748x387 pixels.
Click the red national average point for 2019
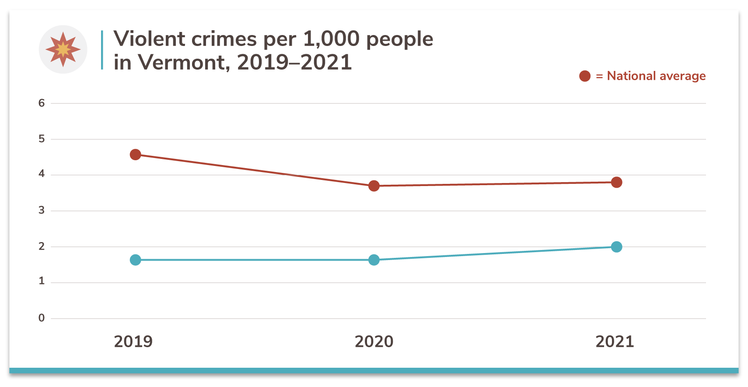(x=136, y=155)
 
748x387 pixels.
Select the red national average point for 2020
(x=374, y=186)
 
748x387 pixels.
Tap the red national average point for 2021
(x=616, y=182)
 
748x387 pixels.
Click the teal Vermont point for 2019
(x=136, y=260)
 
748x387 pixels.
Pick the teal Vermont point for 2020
(x=374, y=260)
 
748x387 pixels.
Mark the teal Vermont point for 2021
(x=616, y=247)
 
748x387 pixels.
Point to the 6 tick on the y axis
(x=42, y=103)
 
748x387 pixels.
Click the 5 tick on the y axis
(x=42, y=139)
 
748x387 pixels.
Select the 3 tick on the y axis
(x=42, y=211)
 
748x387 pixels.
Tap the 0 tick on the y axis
(x=42, y=318)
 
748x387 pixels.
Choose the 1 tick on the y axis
(x=42, y=281)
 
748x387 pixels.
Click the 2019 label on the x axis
(x=133, y=341)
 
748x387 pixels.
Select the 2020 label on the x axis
(x=374, y=341)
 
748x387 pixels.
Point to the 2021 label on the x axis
(x=615, y=341)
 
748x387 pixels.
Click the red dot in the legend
(x=585, y=76)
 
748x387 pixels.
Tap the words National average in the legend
(x=656, y=76)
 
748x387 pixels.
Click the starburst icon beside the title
(x=63, y=49)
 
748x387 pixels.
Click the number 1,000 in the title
(x=331, y=39)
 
